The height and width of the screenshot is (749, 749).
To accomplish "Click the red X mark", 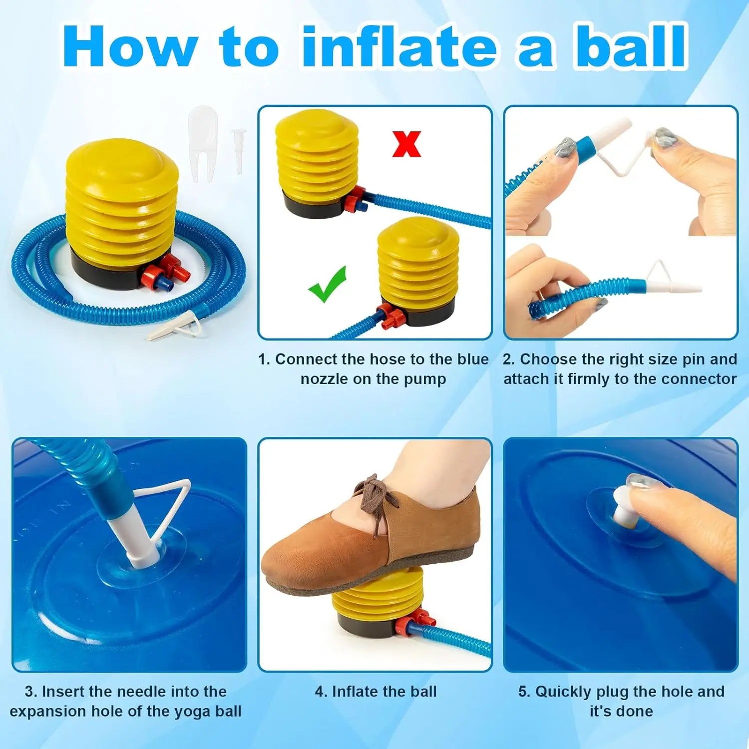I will pos(406,144).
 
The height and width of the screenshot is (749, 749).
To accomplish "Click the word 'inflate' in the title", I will pos(399,47).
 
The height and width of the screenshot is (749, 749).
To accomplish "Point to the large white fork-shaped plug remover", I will pos(203,142).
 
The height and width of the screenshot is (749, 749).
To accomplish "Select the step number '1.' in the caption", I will pos(264,360).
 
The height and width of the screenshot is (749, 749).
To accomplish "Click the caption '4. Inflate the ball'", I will pos(375,692).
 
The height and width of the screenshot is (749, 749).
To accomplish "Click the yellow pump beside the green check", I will pos(418,265).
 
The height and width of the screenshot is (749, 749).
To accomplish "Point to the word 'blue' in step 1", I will pos(473,360).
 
